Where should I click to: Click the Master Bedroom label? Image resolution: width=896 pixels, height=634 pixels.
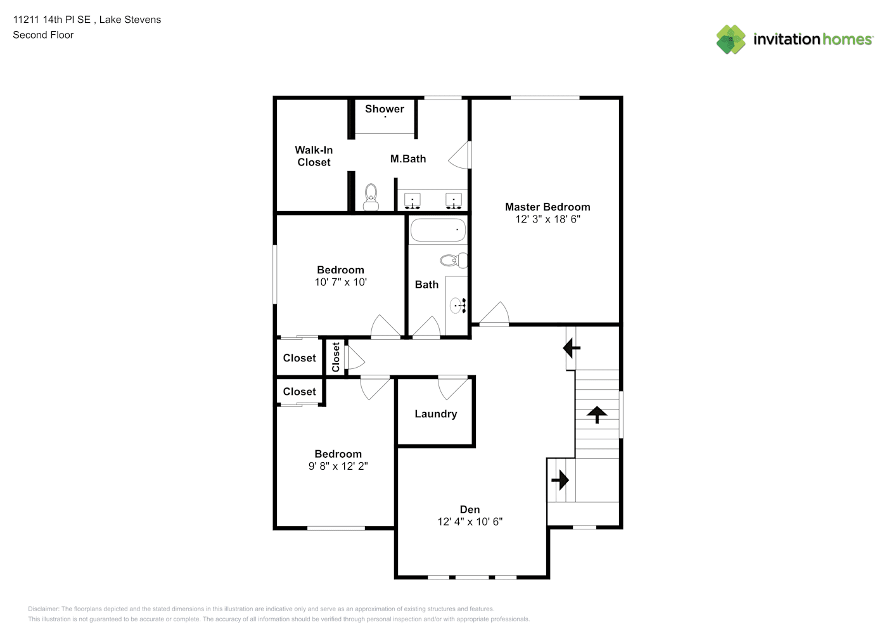coord(547,207)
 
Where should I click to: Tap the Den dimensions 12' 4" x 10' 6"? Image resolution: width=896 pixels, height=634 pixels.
coord(470,522)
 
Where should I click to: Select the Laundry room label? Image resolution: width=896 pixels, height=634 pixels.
coord(435,414)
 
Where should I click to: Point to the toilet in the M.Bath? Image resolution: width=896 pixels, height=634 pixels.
coord(371,197)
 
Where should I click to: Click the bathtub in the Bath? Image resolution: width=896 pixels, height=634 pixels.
coord(438,230)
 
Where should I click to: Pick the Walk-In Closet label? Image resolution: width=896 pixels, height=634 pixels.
coord(314,156)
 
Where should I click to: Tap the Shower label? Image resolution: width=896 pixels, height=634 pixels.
coord(385,109)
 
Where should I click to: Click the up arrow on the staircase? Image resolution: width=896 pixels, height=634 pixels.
coord(597,415)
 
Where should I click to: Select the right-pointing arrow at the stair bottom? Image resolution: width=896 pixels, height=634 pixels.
coord(560,479)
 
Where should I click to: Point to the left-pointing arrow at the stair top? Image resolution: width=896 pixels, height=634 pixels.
coord(572,348)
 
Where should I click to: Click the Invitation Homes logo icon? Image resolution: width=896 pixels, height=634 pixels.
coord(731,39)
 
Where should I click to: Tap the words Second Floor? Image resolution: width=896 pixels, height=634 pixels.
coord(43,35)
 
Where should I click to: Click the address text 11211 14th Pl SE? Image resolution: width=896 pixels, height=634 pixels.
coord(52,20)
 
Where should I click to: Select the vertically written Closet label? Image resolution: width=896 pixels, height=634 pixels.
coord(336,357)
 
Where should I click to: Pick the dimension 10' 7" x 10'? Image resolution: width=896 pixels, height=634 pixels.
coord(340,282)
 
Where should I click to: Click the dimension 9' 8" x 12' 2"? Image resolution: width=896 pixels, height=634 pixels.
coord(338,466)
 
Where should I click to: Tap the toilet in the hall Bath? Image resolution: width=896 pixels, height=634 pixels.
coord(454,261)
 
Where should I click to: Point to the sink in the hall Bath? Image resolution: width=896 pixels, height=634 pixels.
coord(458,306)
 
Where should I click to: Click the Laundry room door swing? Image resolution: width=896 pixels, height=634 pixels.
coord(453,387)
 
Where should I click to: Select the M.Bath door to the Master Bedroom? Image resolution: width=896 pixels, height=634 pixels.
coord(459,155)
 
